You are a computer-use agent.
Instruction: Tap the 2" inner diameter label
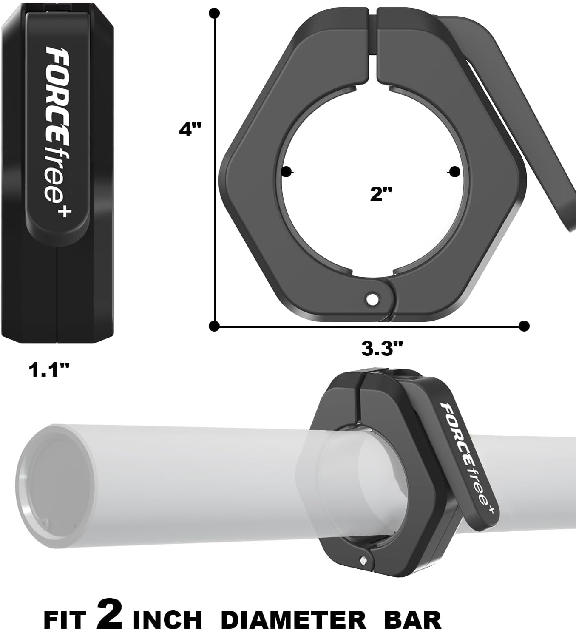[x=380, y=194]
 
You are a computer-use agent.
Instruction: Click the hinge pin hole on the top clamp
[x=373, y=299]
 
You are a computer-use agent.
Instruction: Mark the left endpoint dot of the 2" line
[x=287, y=172]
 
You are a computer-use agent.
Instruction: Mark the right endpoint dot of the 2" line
[x=454, y=172]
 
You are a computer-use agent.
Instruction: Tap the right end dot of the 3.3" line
[x=524, y=326]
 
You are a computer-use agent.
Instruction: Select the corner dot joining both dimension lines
[x=215, y=326]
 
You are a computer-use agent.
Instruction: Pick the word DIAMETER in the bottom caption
[x=293, y=619]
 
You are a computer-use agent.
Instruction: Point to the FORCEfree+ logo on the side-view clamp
[x=58, y=132]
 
